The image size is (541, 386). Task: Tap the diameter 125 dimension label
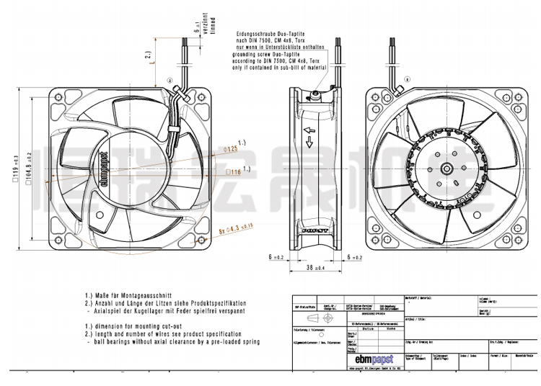(231, 148)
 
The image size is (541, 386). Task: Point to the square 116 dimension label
(234, 172)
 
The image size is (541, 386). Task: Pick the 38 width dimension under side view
(312, 267)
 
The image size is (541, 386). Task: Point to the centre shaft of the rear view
(447, 168)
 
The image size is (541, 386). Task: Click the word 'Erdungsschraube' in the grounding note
(255, 33)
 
